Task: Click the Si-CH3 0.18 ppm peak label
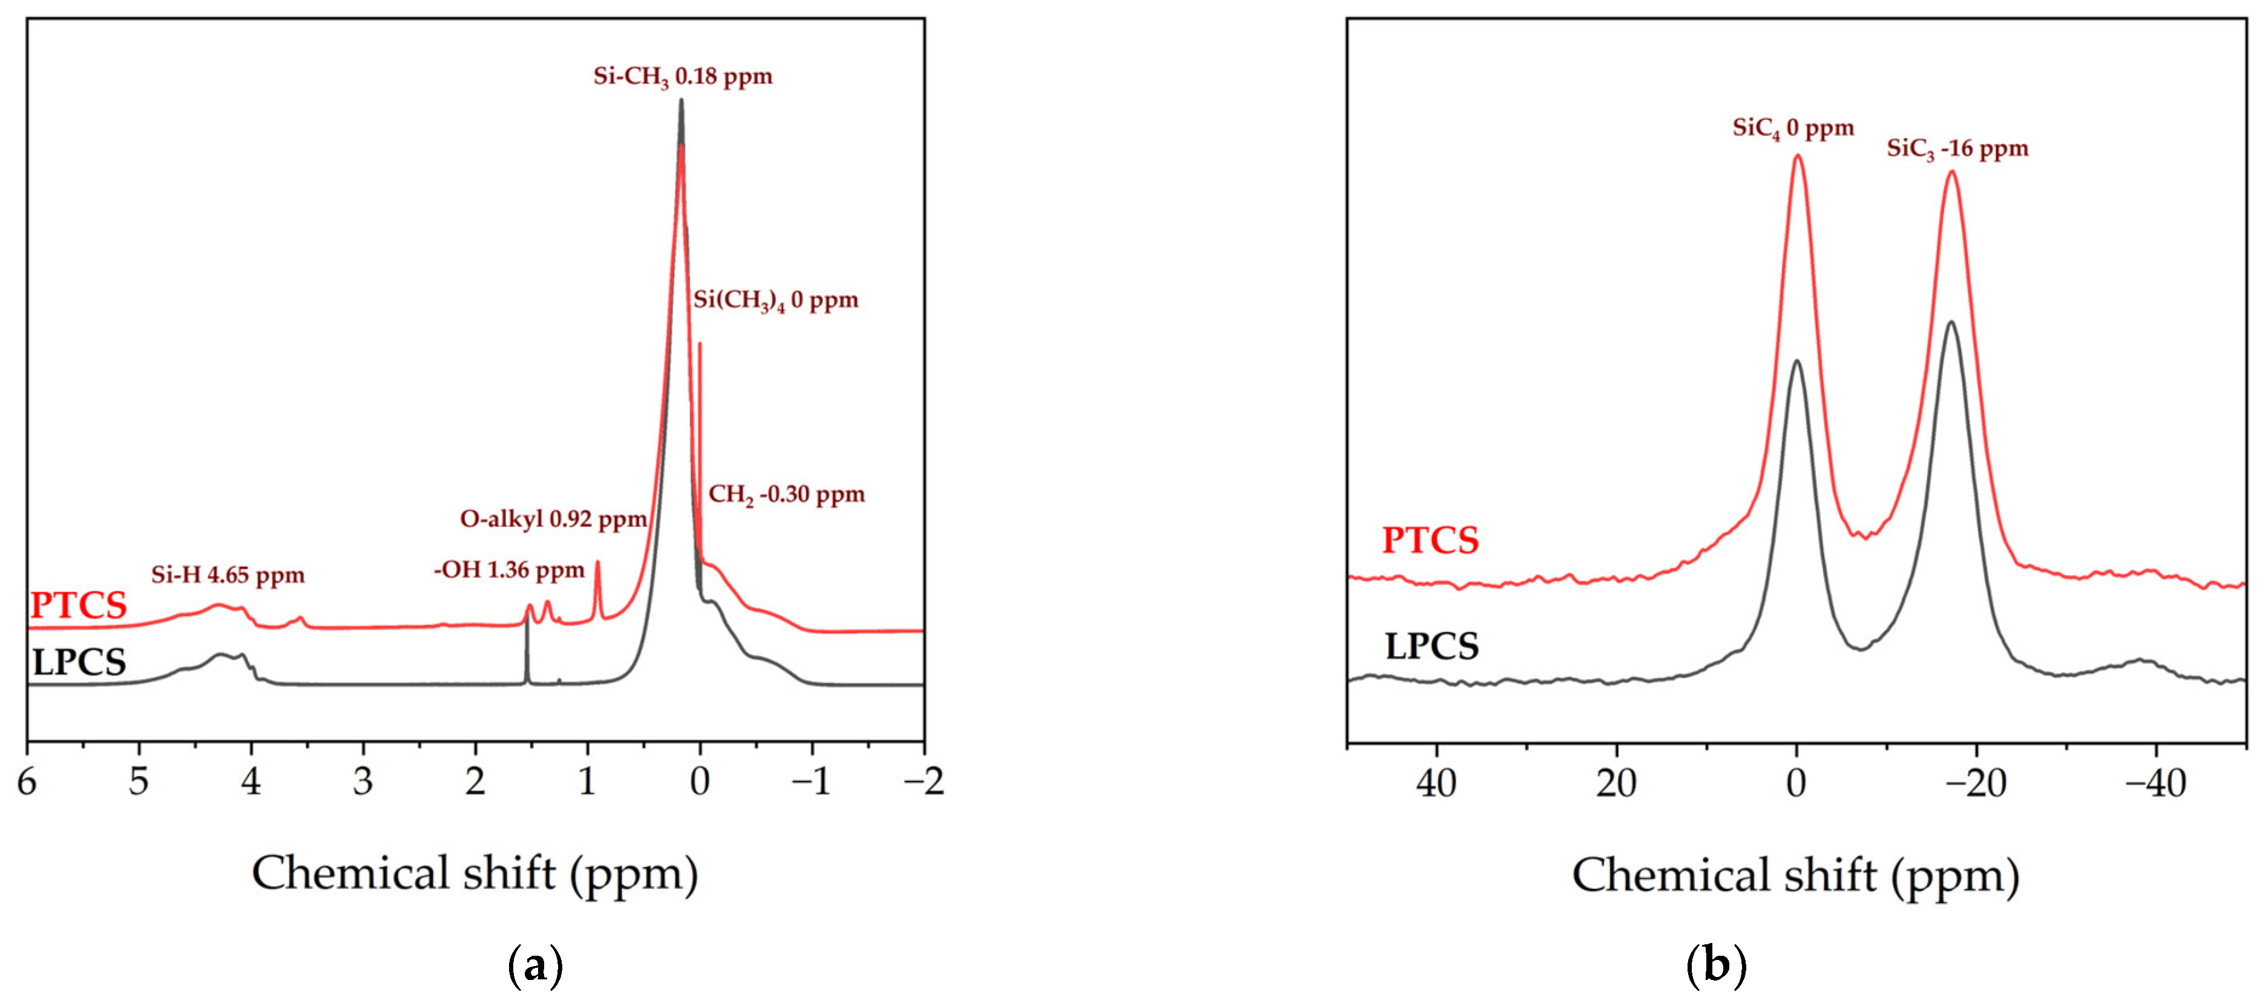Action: tap(682, 76)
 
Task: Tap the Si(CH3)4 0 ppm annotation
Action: tap(775, 301)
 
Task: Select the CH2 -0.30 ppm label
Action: tap(786, 495)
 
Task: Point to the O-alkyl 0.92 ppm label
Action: tap(553, 520)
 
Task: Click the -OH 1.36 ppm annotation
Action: tap(508, 571)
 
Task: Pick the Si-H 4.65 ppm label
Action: tap(227, 576)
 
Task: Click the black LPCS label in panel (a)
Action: tap(79, 662)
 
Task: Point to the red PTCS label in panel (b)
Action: tap(1430, 541)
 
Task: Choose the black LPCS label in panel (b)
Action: tap(1432, 647)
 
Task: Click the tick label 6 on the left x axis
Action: tap(27, 781)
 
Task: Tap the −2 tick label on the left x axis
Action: tap(922, 781)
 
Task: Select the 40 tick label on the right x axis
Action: tap(1436, 783)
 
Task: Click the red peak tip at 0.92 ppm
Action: tap(598, 563)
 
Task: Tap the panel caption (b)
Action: tap(1715, 965)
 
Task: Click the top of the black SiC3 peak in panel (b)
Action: tap(1951, 323)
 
